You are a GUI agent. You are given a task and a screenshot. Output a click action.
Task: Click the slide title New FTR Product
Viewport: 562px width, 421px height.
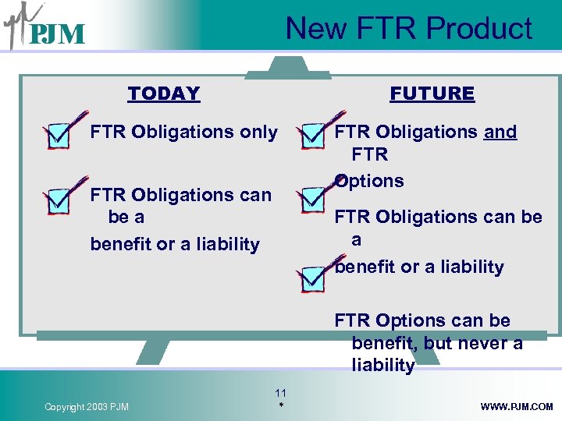(x=408, y=29)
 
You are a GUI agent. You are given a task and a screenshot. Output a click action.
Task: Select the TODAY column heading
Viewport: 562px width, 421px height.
(x=164, y=94)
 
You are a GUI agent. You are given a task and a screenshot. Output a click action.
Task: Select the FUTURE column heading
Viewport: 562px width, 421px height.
(x=432, y=94)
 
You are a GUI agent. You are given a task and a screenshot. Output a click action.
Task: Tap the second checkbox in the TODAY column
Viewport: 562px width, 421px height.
(x=60, y=199)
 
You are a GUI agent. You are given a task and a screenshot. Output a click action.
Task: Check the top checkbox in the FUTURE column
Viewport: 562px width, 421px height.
(x=313, y=134)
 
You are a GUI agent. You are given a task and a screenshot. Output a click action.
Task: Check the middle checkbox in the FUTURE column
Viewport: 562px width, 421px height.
(x=313, y=199)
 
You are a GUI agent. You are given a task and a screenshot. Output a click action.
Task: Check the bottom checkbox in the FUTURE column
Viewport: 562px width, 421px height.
(x=313, y=278)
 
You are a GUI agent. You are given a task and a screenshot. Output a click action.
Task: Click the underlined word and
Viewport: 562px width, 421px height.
(x=500, y=132)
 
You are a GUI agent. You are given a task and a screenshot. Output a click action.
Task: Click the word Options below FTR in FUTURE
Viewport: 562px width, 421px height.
(x=369, y=181)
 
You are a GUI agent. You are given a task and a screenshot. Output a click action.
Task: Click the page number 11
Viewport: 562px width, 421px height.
(x=281, y=393)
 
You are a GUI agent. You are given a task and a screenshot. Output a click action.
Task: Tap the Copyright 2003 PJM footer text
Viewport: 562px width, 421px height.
(x=87, y=406)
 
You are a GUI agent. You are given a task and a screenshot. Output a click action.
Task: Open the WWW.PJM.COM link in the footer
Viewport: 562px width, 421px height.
(x=517, y=406)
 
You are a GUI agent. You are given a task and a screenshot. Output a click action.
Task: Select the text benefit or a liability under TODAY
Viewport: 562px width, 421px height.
(x=174, y=244)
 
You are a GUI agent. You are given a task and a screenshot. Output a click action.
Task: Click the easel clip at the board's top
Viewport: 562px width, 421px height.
(x=288, y=73)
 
